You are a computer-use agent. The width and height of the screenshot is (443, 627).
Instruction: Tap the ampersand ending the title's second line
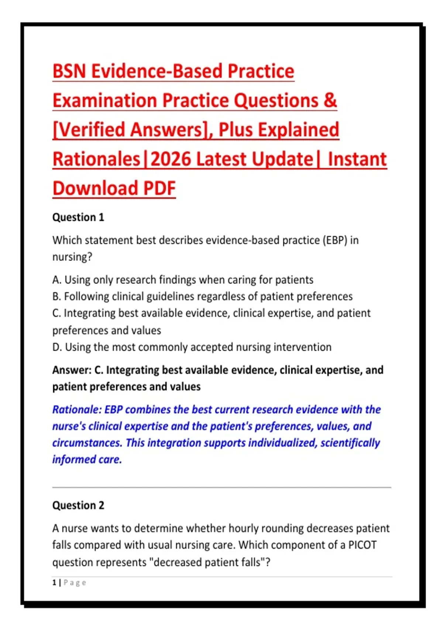tap(330, 100)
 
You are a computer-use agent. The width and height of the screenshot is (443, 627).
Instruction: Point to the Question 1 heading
tap(78, 218)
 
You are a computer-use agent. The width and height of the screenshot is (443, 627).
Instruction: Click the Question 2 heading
tap(78, 506)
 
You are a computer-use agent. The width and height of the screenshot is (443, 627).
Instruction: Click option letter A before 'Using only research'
tap(57, 280)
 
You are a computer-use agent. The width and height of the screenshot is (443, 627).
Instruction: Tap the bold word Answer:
tap(72, 370)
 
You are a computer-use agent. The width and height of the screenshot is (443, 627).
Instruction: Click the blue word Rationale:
tap(76, 410)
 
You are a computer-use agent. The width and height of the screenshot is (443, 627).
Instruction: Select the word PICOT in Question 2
tap(362, 545)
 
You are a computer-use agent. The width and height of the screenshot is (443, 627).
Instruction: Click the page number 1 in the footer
tap(54, 583)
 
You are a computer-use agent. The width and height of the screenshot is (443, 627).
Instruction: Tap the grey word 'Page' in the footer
tap(75, 583)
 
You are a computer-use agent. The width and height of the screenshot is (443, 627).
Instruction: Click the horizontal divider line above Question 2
tap(221, 487)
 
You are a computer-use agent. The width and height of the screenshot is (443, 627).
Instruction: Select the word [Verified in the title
tap(89, 130)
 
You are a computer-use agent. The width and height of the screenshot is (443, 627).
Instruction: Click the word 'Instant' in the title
tap(357, 159)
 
